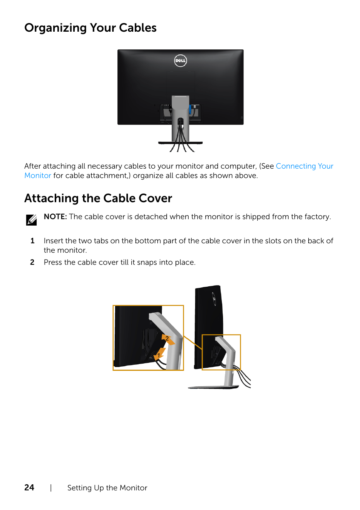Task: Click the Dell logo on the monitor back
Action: pos(180,61)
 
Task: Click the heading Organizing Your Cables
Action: pos(91,28)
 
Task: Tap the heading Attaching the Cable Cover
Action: pos(98,198)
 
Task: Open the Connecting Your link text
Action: pos(305,166)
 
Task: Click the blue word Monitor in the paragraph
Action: pos(38,176)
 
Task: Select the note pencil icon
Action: pos(31,220)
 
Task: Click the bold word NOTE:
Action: pos(55,217)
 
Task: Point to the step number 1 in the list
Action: pos(32,241)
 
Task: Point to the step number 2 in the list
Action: pos(32,263)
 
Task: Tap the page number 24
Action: pos(29,488)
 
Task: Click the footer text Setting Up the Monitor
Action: pos(107,488)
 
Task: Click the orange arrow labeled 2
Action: pos(168,339)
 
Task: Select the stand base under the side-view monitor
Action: pos(214,387)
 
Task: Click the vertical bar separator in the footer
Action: pos(51,488)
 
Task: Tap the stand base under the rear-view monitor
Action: pos(180,143)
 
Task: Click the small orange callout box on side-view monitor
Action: pos(221,352)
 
